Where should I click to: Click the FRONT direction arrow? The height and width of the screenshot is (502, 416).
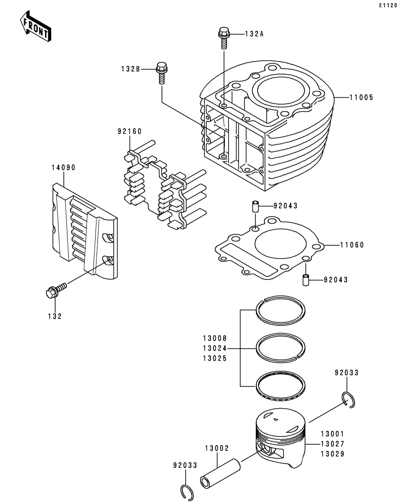(x=35, y=26)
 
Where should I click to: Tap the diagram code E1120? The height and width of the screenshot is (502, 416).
(x=388, y=5)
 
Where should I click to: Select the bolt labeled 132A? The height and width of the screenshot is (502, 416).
(x=224, y=37)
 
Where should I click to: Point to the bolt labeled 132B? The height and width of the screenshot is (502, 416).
(x=162, y=73)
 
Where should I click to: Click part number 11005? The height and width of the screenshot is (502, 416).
(x=361, y=97)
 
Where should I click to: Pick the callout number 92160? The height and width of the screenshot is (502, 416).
(x=129, y=131)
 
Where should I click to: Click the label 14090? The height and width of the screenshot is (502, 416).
(x=63, y=168)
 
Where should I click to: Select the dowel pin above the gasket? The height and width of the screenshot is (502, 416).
(x=255, y=206)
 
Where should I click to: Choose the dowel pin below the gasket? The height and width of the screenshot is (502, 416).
(x=306, y=280)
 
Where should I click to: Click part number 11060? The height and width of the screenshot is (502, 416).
(x=352, y=245)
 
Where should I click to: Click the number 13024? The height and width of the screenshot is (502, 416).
(x=214, y=348)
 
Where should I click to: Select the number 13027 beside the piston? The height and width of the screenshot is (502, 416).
(x=332, y=444)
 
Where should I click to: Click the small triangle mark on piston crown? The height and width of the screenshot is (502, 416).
(x=275, y=419)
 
